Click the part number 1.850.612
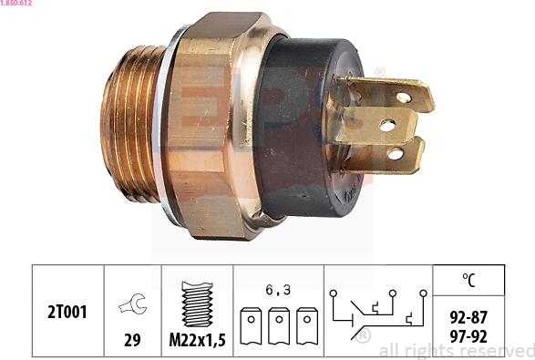pyautogui.click(x=19, y=4)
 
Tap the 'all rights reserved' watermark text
pyautogui.click(x=456, y=350)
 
